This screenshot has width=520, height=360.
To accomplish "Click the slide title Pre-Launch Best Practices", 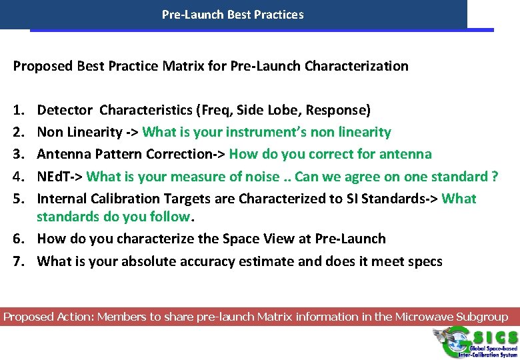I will [x=233, y=14].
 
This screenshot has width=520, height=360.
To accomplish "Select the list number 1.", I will [x=17, y=110].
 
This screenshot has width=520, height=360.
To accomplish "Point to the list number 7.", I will [x=18, y=261].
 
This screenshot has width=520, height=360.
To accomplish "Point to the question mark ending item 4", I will [x=494, y=177].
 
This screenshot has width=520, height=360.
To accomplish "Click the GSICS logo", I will [x=475, y=341].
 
